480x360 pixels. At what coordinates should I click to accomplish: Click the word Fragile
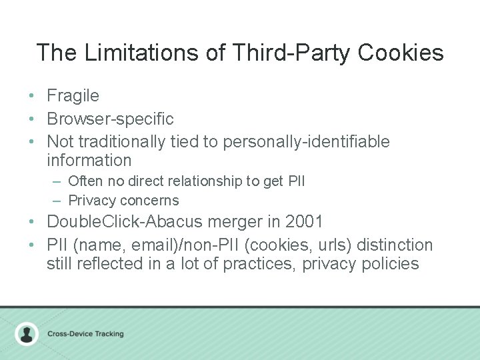[73, 96]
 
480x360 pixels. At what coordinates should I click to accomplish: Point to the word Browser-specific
[110, 119]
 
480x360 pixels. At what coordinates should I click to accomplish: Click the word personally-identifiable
[307, 142]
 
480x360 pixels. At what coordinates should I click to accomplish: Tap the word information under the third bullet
[89, 161]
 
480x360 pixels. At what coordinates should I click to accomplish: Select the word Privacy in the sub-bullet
[91, 201]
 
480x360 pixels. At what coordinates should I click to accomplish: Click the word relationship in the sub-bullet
[211, 181]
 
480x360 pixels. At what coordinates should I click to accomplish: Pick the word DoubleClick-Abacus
[131, 222]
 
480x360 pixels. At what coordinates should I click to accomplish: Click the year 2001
[305, 222]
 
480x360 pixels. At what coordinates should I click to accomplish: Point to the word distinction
[395, 245]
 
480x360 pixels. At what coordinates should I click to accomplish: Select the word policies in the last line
[389, 264]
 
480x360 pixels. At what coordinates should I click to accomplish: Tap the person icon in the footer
[27, 333]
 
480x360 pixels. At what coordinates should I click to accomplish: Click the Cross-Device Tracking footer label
[85, 334]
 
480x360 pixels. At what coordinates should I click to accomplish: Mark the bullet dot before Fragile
[32, 96]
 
